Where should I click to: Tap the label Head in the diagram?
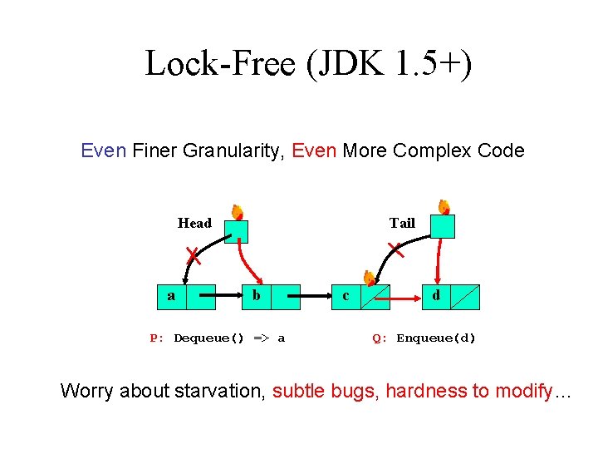194,223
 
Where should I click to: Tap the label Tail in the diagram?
402,223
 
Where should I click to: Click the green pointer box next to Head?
237,230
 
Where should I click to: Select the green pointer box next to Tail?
443,226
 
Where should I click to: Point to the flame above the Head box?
237,211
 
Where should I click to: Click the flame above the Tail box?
444,206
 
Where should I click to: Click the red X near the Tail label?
397,249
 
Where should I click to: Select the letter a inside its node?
171,295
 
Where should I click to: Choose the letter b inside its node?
257,295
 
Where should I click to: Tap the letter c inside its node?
346,296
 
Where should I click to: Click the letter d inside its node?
435,295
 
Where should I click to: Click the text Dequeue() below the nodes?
208,338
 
